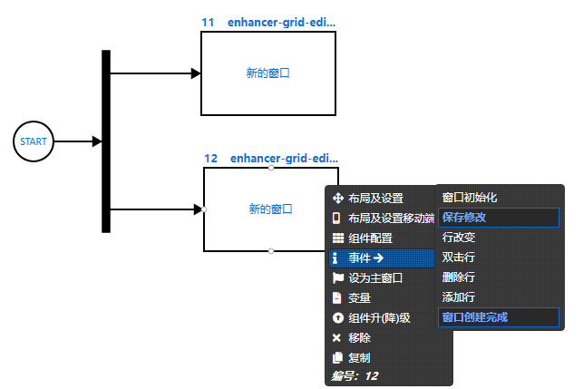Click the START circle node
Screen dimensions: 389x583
tap(34, 141)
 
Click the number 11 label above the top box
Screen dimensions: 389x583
tap(208, 22)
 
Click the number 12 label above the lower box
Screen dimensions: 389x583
tap(210, 158)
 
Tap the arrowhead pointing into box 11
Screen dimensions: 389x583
tap(196, 73)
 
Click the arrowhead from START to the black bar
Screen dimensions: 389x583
tap(96, 141)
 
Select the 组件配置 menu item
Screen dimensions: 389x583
tap(370, 238)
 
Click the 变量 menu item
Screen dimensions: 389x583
tap(359, 297)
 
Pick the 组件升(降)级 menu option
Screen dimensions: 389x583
tap(379, 317)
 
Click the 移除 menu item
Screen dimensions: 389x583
tap(359, 337)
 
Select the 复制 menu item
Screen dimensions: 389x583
tap(359, 357)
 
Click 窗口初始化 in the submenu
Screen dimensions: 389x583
tap(470, 197)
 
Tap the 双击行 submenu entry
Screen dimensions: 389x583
tap(459, 258)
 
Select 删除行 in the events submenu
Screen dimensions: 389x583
tap(459, 277)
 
